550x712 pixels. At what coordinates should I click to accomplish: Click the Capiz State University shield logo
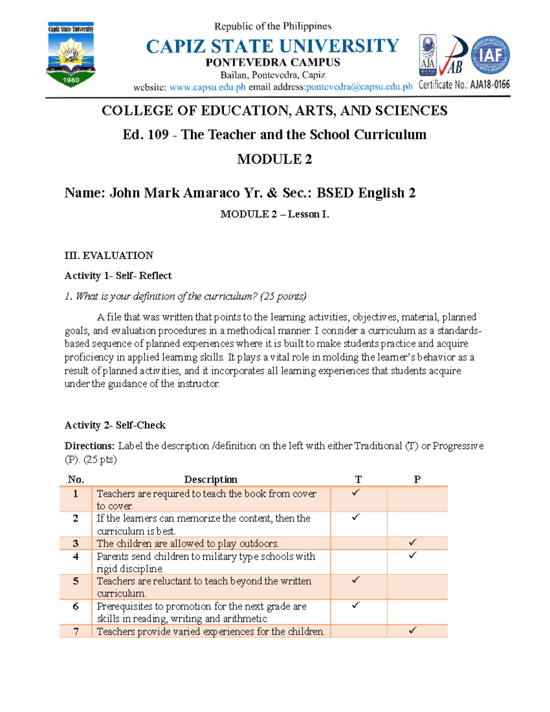71,54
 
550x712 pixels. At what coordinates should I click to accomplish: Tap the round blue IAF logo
490,55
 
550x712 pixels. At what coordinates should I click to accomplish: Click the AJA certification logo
428,55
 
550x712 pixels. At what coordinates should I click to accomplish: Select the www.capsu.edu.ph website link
208,87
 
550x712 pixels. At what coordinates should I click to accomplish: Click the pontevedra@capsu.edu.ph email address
359,87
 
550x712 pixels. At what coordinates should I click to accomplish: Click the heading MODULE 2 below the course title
274,159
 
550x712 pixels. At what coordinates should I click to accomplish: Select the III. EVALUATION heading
109,255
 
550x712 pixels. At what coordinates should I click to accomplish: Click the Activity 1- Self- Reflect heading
118,276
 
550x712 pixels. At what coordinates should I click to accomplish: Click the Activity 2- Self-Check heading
115,425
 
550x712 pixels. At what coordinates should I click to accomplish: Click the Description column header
210,480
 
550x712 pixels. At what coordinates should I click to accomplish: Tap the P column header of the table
417,480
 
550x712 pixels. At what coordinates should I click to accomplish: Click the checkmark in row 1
356,493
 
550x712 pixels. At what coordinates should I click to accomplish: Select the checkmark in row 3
412,542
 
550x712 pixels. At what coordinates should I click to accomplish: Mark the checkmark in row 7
412,630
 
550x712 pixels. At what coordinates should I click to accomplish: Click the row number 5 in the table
76,581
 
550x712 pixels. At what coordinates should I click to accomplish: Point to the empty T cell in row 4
358,562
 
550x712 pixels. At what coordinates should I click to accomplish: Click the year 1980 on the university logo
71,80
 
